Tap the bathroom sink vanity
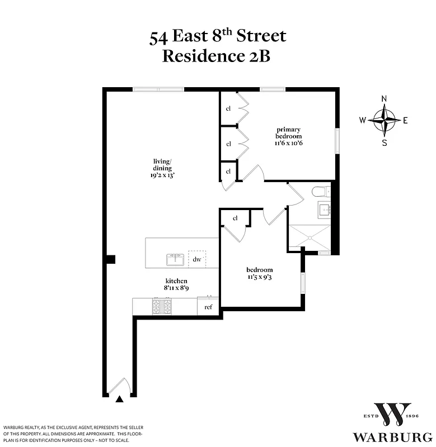[x=324, y=211]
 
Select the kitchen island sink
[x=175, y=260]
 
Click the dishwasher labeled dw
[x=196, y=259]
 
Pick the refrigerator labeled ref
[x=208, y=307]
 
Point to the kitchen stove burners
[x=162, y=306]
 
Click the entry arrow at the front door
[x=119, y=399]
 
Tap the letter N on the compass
[x=384, y=99]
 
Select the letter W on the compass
[x=363, y=120]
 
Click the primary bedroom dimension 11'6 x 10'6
[x=288, y=143]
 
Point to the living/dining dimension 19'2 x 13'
[x=163, y=175]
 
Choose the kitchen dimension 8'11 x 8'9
[x=176, y=288]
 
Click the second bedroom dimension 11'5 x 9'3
[x=260, y=277]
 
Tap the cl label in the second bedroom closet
[x=235, y=218]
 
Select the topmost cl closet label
[x=228, y=108]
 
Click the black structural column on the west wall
[x=111, y=259]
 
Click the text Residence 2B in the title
[x=216, y=56]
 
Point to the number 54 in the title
[x=159, y=37]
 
